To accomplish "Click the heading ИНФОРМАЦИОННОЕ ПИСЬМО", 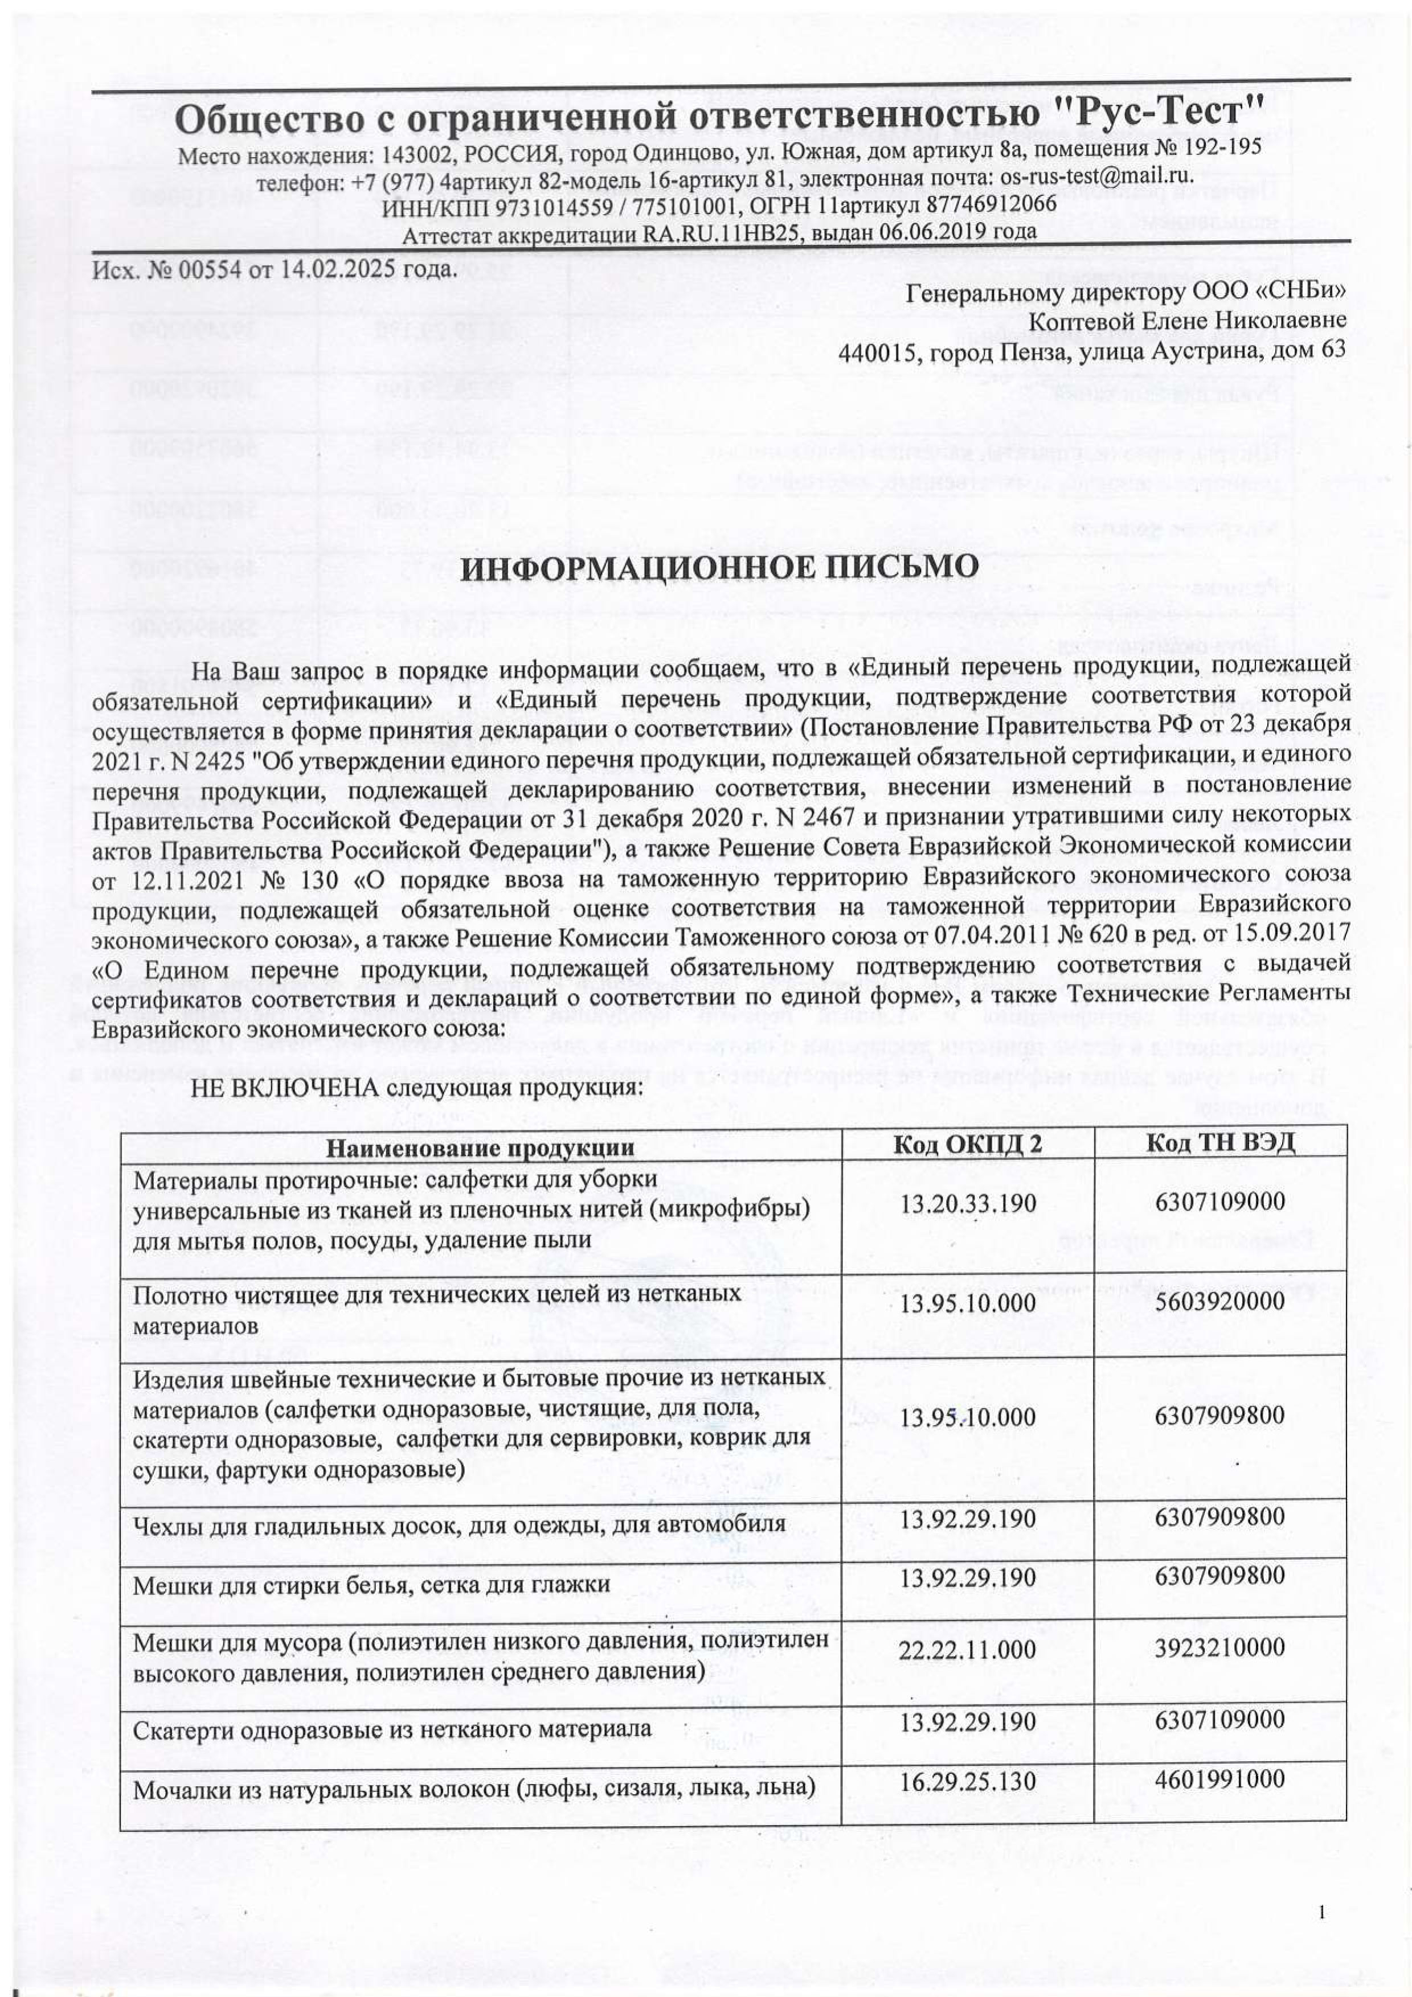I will click(x=719, y=567).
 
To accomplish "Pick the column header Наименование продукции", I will click(x=480, y=1148).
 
